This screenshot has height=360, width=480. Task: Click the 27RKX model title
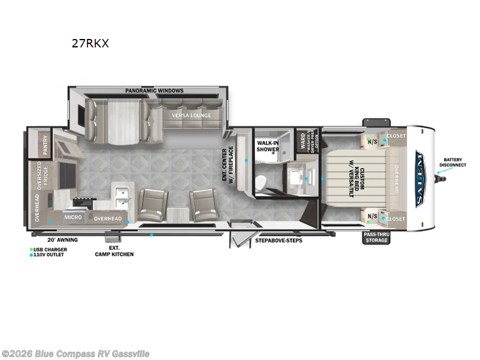[x=89, y=44]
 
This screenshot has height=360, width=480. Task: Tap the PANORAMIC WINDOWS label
[x=154, y=91]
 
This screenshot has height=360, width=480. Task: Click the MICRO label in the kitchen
[x=73, y=217]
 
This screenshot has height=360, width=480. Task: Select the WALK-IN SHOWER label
[x=268, y=146]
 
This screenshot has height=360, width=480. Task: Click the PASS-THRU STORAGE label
[x=376, y=237]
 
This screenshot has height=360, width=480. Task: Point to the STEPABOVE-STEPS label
[x=278, y=240]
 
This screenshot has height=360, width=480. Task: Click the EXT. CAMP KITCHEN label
[x=114, y=251]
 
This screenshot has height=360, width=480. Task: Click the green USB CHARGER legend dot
[x=31, y=249]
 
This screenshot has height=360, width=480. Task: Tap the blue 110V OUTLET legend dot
[x=31, y=255]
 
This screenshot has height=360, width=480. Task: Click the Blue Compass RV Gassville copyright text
[x=76, y=354]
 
